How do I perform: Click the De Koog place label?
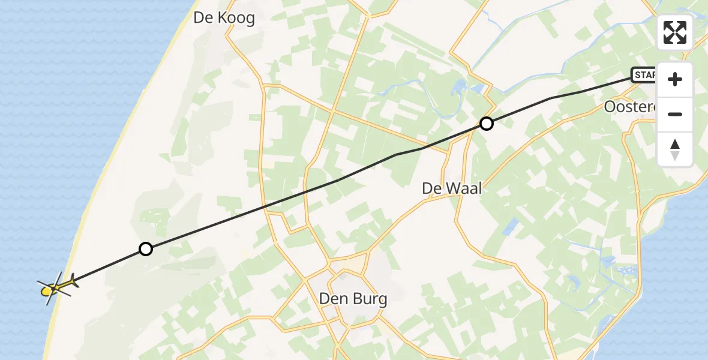coord(224,18)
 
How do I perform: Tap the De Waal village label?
coord(452,188)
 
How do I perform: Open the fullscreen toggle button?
coord(675,32)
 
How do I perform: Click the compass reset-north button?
coord(675,149)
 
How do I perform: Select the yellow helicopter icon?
coord(53,289)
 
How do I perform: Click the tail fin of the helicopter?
coord(73,280)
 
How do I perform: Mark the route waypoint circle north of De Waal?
coord(487,124)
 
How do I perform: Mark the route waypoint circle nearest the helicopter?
coord(145,248)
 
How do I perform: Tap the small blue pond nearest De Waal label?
coord(512,226)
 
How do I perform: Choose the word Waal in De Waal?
coord(461,188)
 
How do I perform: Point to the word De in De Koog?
coord(202,18)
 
